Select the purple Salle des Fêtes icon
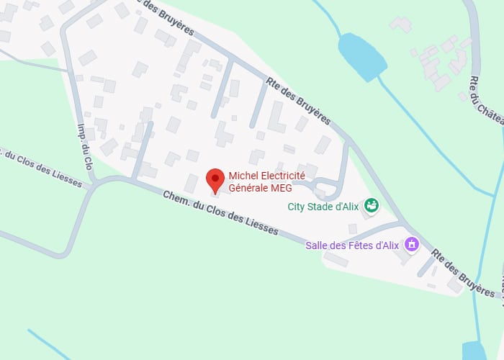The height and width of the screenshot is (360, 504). (411, 245)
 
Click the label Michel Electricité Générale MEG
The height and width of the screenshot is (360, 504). (266, 181)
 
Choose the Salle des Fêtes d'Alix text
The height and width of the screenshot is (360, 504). (351, 245)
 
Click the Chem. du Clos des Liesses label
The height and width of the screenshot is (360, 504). (220, 214)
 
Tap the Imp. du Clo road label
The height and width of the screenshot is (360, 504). (86, 143)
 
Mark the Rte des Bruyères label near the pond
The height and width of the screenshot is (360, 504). (298, 101)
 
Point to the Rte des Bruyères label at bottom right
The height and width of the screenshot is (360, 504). (463, 273)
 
